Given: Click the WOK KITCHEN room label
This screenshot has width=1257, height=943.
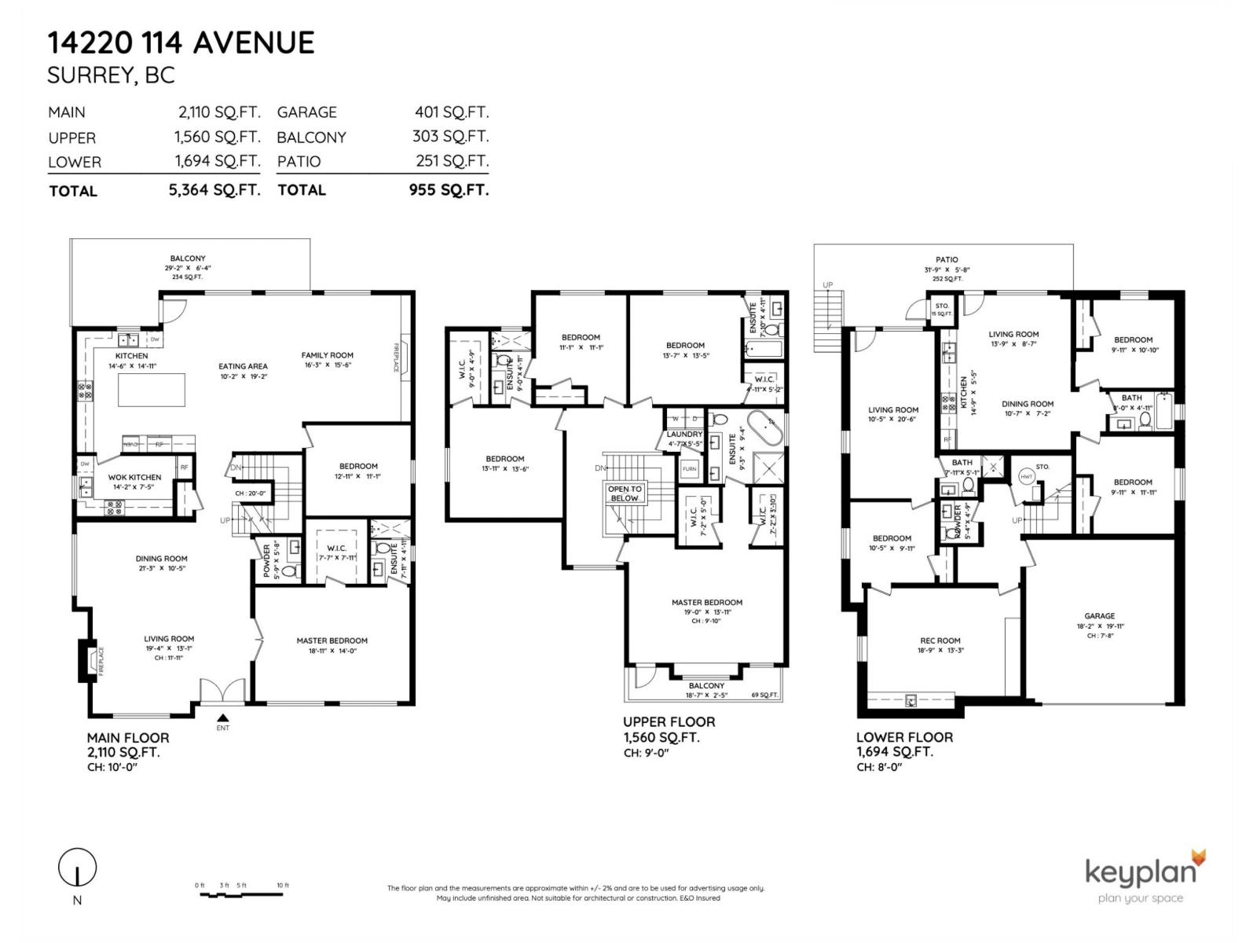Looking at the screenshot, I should pos(134,477).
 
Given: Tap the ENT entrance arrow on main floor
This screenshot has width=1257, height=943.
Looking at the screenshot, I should pos(223,717).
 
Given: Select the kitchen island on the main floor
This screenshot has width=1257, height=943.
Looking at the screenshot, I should pos(152,390).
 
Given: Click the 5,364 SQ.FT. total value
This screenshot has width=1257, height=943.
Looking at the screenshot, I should pos(214,190).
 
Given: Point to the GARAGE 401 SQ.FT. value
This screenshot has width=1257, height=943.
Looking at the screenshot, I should pos(451,112).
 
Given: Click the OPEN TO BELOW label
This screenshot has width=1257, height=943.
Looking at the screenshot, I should pos(625,494).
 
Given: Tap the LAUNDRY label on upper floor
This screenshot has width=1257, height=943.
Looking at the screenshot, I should pos(684,435).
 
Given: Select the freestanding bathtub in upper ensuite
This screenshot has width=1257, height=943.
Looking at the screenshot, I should pos(764,429).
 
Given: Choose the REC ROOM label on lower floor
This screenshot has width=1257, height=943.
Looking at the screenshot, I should pos(940,640).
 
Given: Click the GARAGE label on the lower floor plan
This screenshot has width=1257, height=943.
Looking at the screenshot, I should pos(1099,616).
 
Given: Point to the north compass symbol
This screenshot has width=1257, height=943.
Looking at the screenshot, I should pos(77,868).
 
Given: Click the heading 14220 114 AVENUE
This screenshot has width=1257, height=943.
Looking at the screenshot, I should pos(181,42).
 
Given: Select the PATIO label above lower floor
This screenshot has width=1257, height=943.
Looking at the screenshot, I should pos(947,259).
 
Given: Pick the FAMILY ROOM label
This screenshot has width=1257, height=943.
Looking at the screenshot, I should pos(327,355).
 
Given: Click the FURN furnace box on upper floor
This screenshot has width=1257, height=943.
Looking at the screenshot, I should pos(689,469).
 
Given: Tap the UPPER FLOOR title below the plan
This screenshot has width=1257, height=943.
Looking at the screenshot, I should pos(669,721).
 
